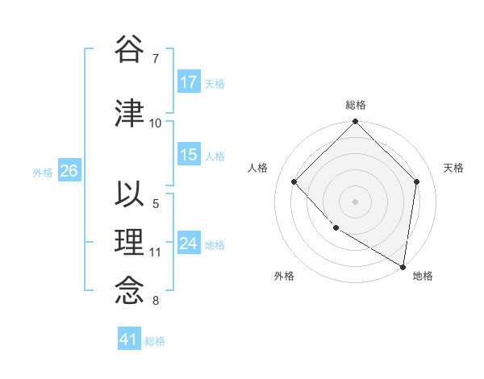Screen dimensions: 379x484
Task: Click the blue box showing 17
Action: point(189,82)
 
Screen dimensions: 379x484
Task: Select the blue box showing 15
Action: point(189,155)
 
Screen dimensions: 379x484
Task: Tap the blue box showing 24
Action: point(189,244)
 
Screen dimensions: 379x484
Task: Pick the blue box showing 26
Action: point(69,171)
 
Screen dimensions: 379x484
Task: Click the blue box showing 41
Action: point(129,339)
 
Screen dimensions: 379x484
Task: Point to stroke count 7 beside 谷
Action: point(155,58)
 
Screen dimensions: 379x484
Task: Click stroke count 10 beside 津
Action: point(156,123)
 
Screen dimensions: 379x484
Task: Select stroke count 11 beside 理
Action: point(156,252)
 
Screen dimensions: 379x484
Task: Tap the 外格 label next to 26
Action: point(43,172)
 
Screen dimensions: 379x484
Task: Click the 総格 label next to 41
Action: point(155,340)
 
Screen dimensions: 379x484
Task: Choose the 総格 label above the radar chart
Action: point(355,105)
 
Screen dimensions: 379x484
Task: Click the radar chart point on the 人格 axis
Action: point(294,181)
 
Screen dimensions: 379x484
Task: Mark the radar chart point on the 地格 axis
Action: point(403,266)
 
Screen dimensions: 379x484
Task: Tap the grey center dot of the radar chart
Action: point(355,201)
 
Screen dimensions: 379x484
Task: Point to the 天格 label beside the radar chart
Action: point(453,168)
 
